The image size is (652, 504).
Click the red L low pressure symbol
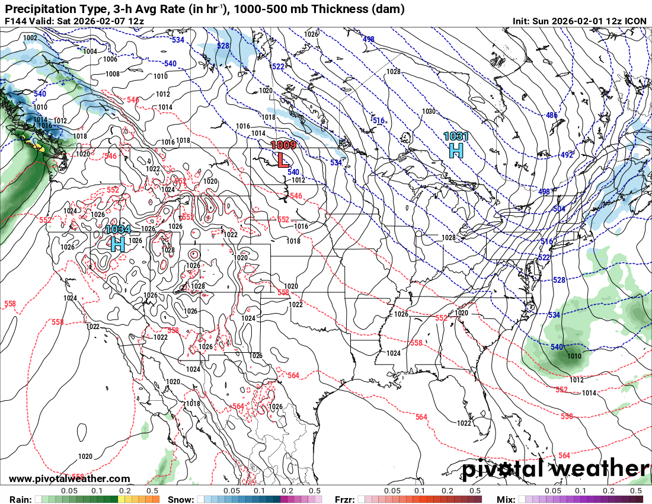coord(283,159)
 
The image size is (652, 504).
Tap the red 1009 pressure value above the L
coord(283,145)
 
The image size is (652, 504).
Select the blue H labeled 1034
coord(117,243)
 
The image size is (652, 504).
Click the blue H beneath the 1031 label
coord(456,150)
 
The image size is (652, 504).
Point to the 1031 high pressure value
coord(456,136)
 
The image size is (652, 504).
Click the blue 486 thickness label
coord(552,115)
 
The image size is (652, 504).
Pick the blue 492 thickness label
coord(567,155)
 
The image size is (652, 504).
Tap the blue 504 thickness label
coord(558,209)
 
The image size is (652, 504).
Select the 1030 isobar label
coord(429,111)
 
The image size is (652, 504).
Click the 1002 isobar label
coord(30,38)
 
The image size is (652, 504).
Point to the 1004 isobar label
coord(90,52)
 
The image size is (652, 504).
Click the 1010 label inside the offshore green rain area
coord(574,356)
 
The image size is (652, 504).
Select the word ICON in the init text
coord(636,21)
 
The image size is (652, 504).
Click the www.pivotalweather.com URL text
coord(69,479)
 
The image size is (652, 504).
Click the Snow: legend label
coord(181,499)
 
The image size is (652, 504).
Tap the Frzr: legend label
coord(346,499)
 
